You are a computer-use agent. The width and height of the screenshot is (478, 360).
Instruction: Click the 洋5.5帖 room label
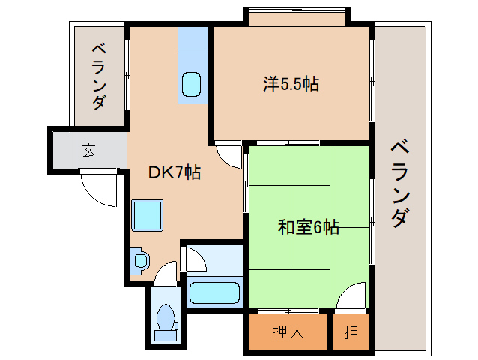291,84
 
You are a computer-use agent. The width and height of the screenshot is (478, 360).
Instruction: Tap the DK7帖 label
174,172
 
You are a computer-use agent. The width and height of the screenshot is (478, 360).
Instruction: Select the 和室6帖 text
308,226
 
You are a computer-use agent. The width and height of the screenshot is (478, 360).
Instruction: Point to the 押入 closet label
288,331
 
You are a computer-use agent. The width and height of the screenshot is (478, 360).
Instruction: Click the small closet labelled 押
351,331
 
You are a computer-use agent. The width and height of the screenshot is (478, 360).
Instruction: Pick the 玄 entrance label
88,150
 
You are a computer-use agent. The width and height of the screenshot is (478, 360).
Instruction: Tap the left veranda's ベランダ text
98,76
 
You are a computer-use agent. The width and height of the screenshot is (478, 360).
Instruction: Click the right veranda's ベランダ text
400,184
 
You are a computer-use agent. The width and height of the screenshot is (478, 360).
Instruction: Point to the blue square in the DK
148,216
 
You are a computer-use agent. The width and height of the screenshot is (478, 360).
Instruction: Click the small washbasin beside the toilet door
140,259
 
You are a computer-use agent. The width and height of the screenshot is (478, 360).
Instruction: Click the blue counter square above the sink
193,39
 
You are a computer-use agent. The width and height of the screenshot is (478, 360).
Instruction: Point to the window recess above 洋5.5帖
296,16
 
